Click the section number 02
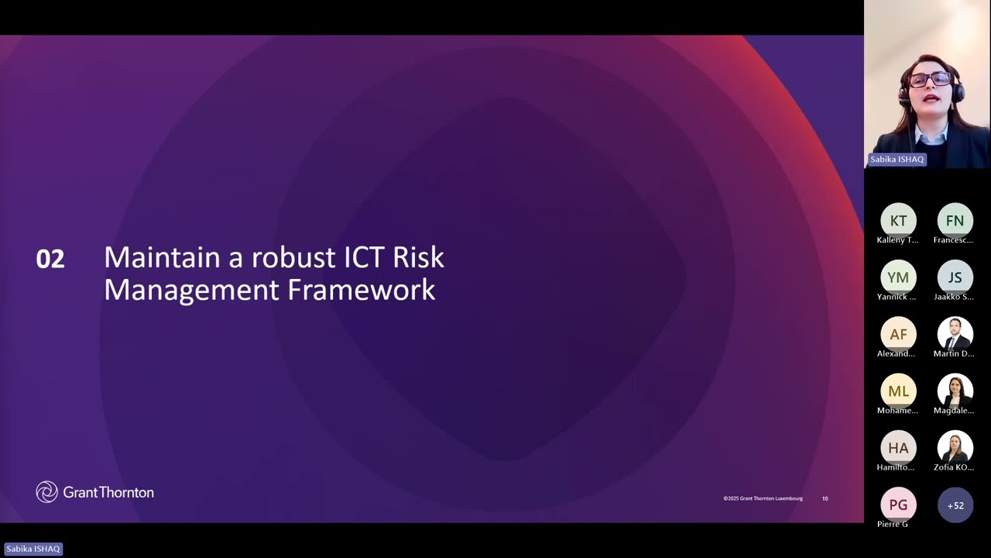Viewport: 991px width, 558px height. click(50, 259)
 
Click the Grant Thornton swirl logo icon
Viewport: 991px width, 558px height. click(46, 492)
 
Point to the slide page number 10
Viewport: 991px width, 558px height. click(825, 498)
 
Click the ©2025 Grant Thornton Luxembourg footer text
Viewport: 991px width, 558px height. click(763, 498)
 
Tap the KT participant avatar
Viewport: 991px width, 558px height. click(898, 221)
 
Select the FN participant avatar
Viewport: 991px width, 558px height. click(955, 221)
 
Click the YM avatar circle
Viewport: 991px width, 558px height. click(898, 277)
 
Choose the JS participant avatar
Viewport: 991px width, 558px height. click(955, 277)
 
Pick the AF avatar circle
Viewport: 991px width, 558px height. click(898, 334)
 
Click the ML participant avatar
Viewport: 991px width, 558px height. click(898, 391)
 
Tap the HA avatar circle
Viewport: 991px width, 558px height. click(898, 448)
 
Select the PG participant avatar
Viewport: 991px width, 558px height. click(898, 505)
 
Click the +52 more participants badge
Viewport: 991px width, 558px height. click(955, 505)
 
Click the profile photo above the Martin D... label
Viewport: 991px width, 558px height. click(955, 334)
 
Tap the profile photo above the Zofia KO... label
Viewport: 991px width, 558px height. click(955, 448)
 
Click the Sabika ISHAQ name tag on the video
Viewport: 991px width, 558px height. click(897, 160)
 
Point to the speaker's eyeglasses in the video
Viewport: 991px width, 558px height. click(929, 79)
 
